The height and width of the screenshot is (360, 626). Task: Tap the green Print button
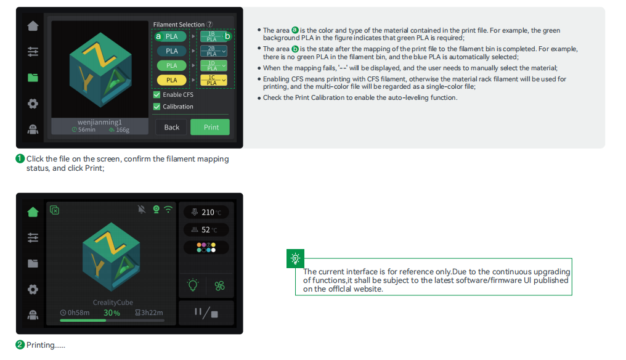[x=210, y=127]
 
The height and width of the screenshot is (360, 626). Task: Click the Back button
[x=171, y=127]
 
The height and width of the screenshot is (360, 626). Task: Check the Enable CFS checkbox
[x=157, y=95]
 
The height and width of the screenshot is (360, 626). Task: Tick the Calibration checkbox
[x=157, y=107]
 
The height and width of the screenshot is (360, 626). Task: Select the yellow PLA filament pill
[x=172, y=80]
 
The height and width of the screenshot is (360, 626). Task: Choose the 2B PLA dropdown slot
[x=214, y=51]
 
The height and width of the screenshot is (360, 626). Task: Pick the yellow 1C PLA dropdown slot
[x=214, y=80]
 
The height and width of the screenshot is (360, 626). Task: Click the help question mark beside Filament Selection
[x=209, y=25]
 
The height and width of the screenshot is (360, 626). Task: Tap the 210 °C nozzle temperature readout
[x=206, y=212]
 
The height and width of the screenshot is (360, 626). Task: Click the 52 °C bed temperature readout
[x=206, y=230]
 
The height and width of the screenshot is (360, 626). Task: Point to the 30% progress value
[x=112, y=313]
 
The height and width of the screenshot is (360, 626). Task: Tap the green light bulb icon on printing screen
[x=193, y=285]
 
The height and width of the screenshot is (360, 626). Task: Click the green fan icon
[x=219, y=285]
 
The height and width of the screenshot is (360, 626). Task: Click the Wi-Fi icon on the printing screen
[x=168, y=210]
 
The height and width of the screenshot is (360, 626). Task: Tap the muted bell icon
[x=141, y=210]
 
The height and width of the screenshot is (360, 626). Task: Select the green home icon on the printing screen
[x=33, y=212]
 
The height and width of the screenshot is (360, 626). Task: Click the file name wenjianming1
[x=100, y=122]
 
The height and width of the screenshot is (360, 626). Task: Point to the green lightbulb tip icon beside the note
[x=295, y=258]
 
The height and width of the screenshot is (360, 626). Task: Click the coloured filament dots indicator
[x=206, y=247]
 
